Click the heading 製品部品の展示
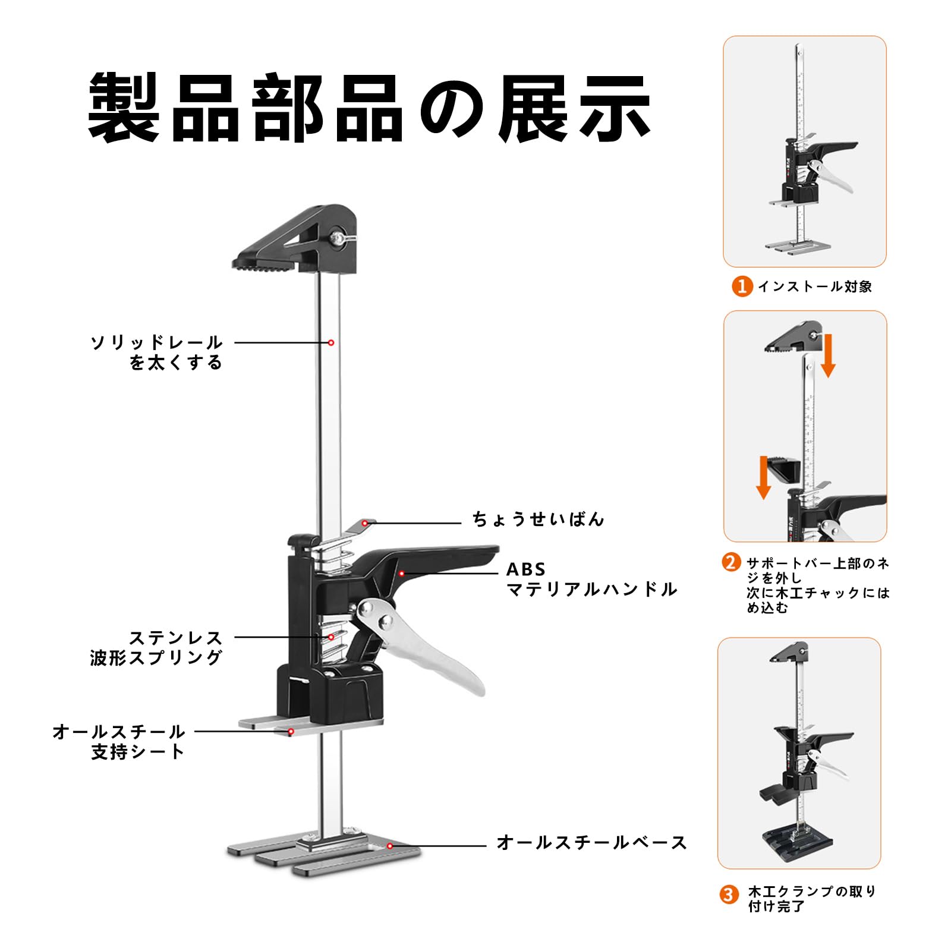click(369, 108)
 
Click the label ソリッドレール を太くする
click(156, 352)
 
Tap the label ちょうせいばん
click(538, 519)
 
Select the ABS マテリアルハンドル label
click(591, 579)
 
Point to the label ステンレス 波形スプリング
click(156, 647)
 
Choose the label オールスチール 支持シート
click(119, 741)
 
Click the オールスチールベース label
click(591, 842)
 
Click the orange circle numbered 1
click(742, 286)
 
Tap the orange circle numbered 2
click(732, 562)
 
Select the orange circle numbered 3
click(729, 895)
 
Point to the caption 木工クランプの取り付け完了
click(812, 899)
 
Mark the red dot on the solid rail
click(331, 343)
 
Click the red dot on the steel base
click(390, 846)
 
